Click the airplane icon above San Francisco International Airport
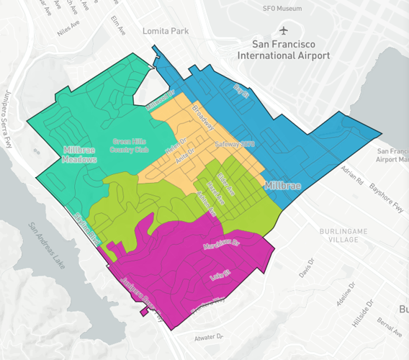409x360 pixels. click(284, 31)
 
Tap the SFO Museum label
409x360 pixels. click(284, 8)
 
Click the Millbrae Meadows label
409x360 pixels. click(79, 154)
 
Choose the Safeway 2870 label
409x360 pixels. click(235, 144)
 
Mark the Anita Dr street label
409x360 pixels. click(186, 153)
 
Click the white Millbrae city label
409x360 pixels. click(283, 185)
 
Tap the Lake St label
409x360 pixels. click(217, 275)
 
